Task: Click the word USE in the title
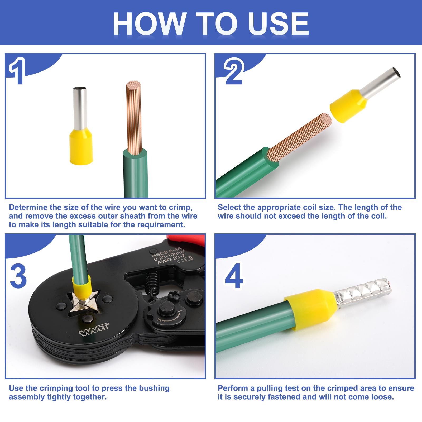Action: click(x=278, y=24)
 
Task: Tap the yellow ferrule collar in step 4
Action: click(x=311, y=309)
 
